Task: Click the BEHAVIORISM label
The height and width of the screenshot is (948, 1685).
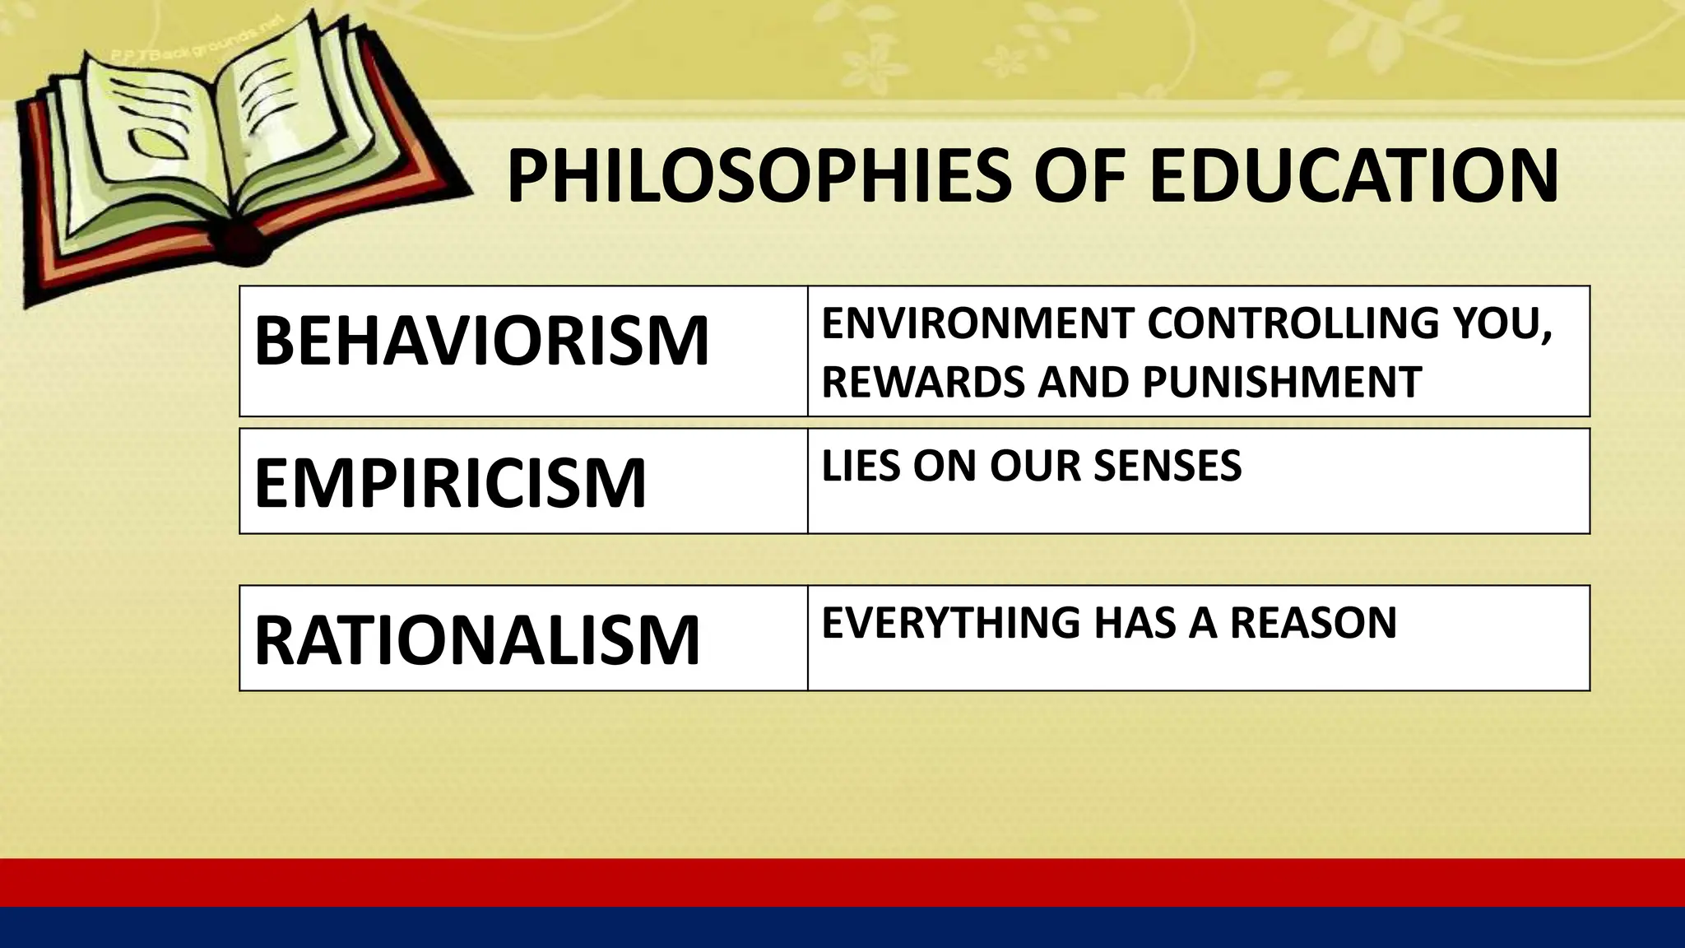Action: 481,341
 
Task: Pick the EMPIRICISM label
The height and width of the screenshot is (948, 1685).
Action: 450,483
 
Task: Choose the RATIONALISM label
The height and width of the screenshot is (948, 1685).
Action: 477,639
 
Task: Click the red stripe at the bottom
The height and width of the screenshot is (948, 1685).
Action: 842,882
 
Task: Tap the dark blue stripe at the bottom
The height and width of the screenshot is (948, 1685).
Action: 842,928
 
